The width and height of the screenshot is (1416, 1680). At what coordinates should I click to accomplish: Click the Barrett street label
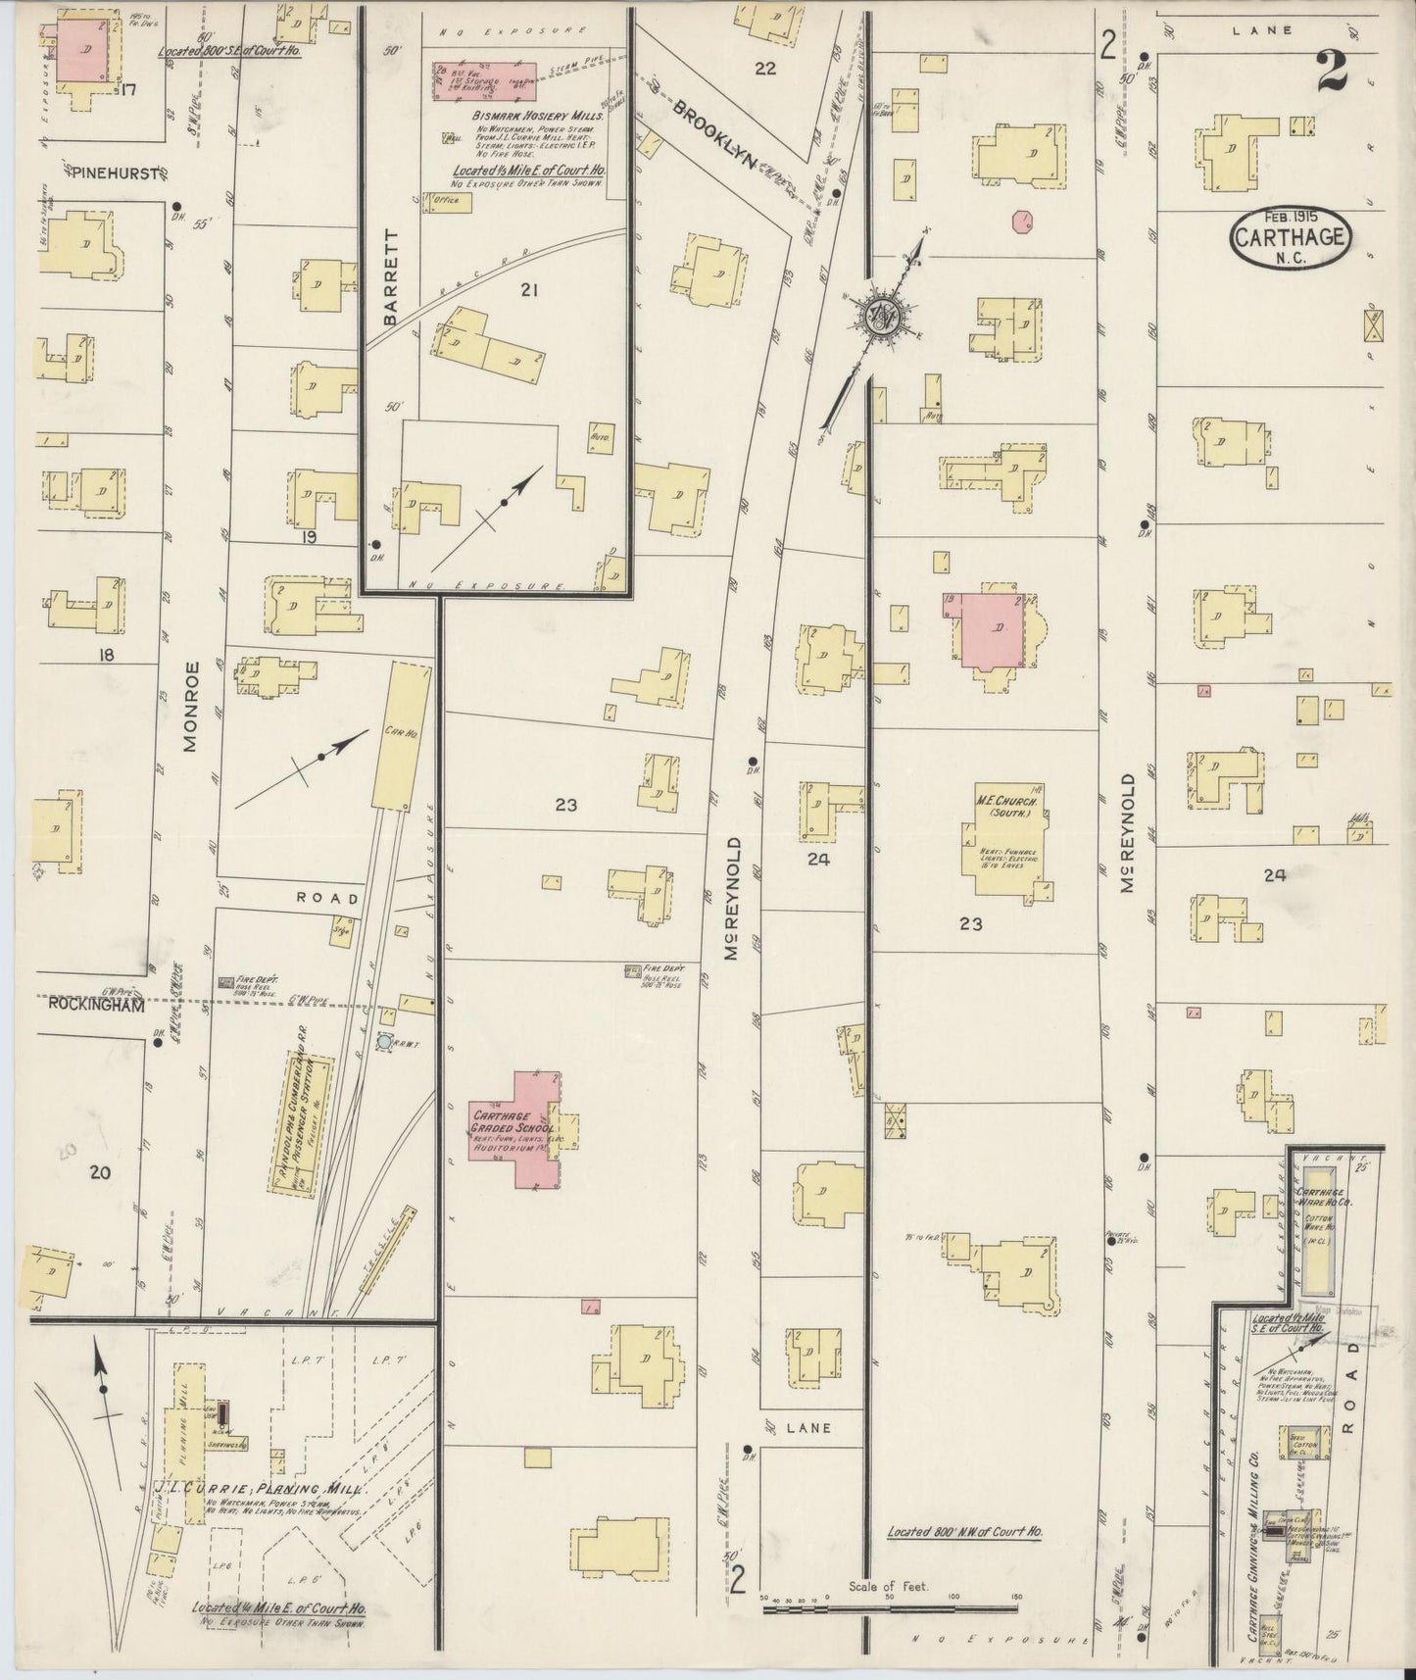pos(393,277)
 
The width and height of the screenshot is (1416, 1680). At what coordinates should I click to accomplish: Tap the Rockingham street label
pos(96,1006)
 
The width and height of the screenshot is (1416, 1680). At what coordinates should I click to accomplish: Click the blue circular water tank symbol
pos(384,1044)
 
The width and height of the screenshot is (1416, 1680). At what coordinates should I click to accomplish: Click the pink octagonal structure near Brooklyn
pos(1023,220)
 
